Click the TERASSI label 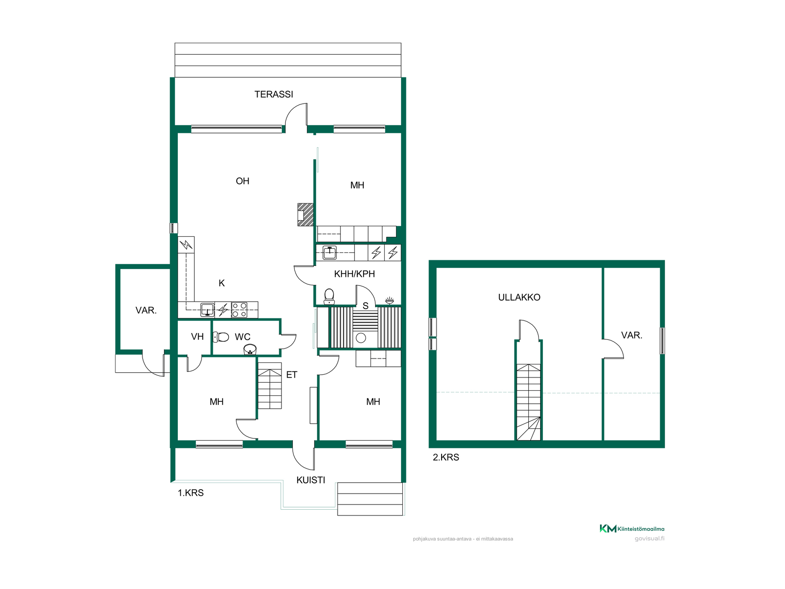coord(274,94)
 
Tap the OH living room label coord(242,181)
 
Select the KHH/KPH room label coord(354,274)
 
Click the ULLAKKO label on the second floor coord(519,297)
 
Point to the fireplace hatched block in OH coord(305,215)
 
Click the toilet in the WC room coord(221,337)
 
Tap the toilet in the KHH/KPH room coord(329,297)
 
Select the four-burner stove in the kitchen coord(239,310)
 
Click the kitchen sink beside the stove coord(208,310)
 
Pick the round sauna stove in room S coord(361,338)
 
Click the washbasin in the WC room coord(250,349)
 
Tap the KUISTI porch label coord(311,480)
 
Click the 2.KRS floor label coord(446,457)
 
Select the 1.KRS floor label coord(191,493)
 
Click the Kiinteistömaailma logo coord(632,529)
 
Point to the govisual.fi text coord(649,539)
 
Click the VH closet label coord(197,337)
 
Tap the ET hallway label coord(292,375)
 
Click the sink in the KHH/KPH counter coord(330,253)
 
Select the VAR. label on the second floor coord(632,335)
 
